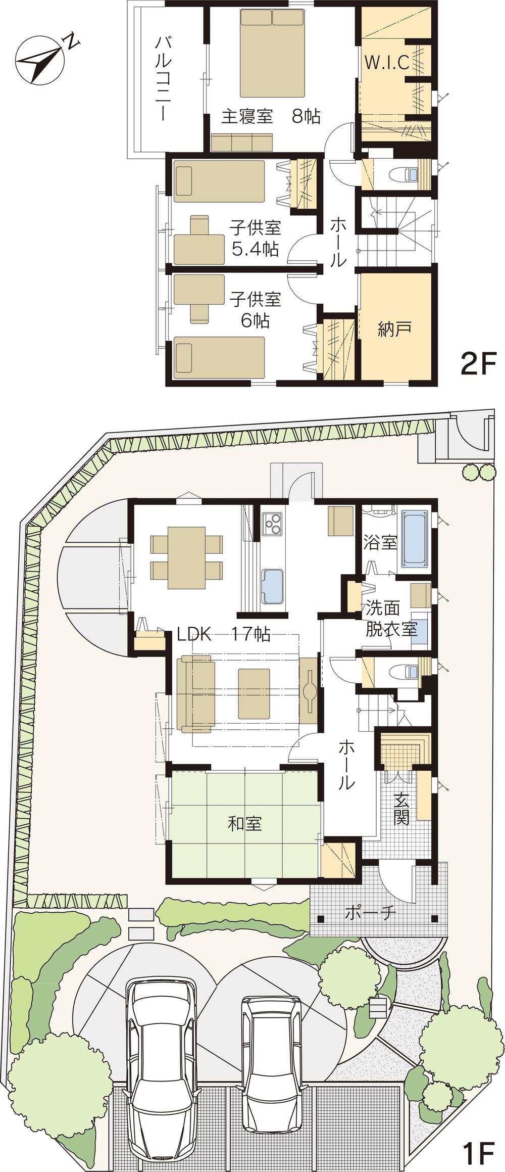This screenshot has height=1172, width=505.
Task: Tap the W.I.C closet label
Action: point(387,63)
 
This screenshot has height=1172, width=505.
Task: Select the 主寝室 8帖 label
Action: point(271,117)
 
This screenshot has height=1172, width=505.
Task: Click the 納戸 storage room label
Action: point(394,329)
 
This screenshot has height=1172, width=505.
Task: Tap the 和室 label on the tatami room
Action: point(245,824)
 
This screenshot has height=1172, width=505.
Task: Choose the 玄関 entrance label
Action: point(401,810)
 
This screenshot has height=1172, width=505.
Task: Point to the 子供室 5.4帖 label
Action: point(255,238)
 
